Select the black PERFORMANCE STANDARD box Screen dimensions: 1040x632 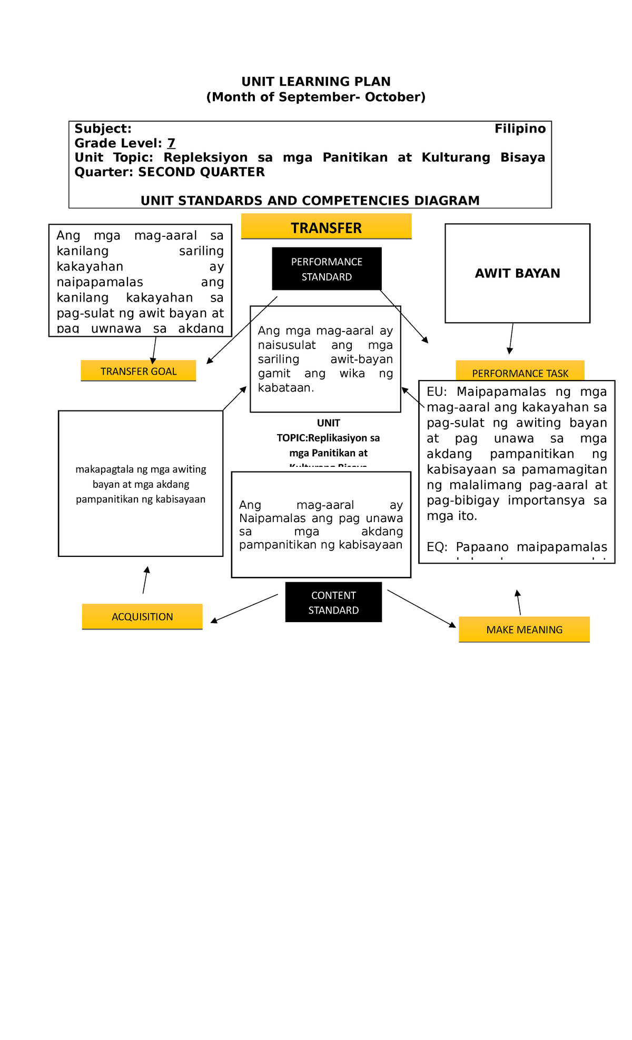tap(327, 269)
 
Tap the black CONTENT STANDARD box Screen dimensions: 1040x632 tap(333, 602)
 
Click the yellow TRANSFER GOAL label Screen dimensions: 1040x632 tap(139, 371)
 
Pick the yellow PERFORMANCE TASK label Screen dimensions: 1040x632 tap(520, 372)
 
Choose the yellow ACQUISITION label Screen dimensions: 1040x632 tap(142, 616)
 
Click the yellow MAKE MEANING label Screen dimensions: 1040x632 tap(524, 629)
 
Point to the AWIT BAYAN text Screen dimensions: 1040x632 tap(517, 273)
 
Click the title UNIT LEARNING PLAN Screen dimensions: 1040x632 tap(316, 82)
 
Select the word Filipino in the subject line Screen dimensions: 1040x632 tap(520, 129)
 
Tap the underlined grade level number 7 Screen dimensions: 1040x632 tap(171, 143)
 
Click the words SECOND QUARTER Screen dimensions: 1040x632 tap(201, 172)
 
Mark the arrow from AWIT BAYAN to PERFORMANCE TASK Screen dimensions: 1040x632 tap(511, 338)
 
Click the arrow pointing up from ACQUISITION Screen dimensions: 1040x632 tap(145, 579)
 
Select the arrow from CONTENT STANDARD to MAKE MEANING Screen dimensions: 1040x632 tap(421, 608)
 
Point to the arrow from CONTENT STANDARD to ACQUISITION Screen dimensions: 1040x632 tap(244, 608)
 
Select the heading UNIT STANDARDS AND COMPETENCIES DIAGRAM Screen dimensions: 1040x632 tap(310, 201)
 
